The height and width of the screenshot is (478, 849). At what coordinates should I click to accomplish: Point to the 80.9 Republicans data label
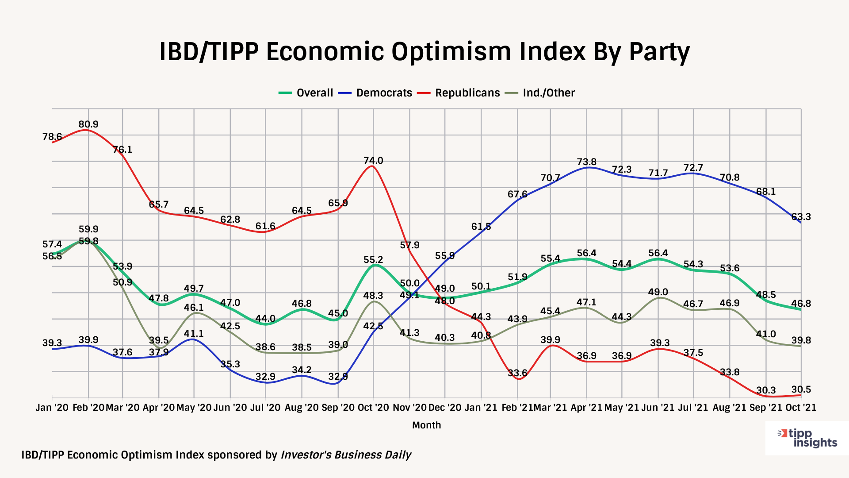coord(88,124)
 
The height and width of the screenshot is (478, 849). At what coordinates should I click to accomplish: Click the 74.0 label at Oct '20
coord(373,161)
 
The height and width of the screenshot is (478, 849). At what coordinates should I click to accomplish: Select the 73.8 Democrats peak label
coord(586,162)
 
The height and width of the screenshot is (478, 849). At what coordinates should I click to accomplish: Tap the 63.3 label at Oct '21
coord(801,217)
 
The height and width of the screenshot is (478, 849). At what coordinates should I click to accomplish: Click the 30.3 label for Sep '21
coord(766,390)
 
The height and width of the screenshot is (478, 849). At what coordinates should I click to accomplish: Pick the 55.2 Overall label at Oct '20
coord(373,260)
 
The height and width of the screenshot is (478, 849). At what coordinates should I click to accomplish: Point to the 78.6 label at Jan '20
coord(52,137)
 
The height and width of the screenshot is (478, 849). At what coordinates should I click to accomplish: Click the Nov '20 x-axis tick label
coord(409,408)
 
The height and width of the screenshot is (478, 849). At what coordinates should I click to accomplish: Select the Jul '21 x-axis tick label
coord(693,408)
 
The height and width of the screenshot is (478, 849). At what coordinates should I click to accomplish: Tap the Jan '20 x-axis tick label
coord(52,408)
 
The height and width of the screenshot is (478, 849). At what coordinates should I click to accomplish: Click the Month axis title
coord(426,425)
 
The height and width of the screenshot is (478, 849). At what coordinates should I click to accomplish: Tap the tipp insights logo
coord(807,438)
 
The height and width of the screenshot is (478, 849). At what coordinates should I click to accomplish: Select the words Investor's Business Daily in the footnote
coord(346,455)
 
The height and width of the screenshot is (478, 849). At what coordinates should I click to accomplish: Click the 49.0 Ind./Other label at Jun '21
coord(658,292)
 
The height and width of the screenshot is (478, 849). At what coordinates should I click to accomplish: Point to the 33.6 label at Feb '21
coord(517,373)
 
